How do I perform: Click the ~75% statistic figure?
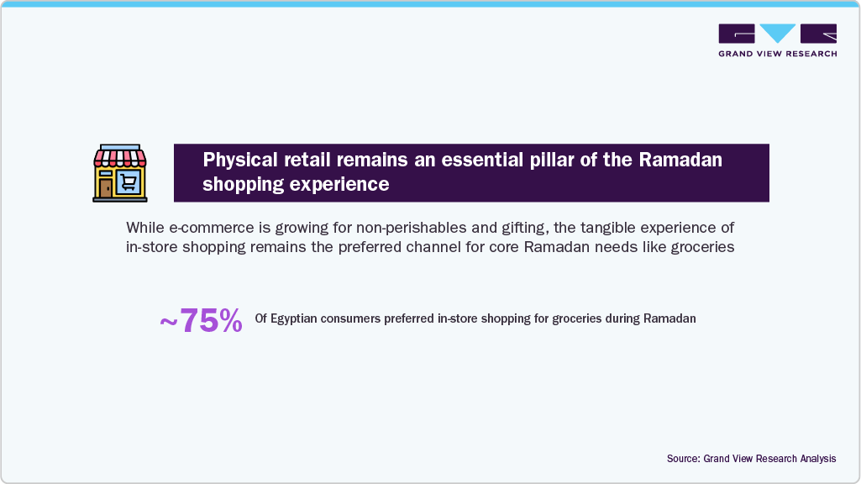pos(201,320)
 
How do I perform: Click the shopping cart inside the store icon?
pos(129,182)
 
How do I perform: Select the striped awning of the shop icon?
pos(119,157)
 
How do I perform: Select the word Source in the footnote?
pos(683,459)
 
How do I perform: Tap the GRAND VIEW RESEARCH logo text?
pos(777,53)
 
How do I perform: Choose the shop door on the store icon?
pos(106,187)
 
